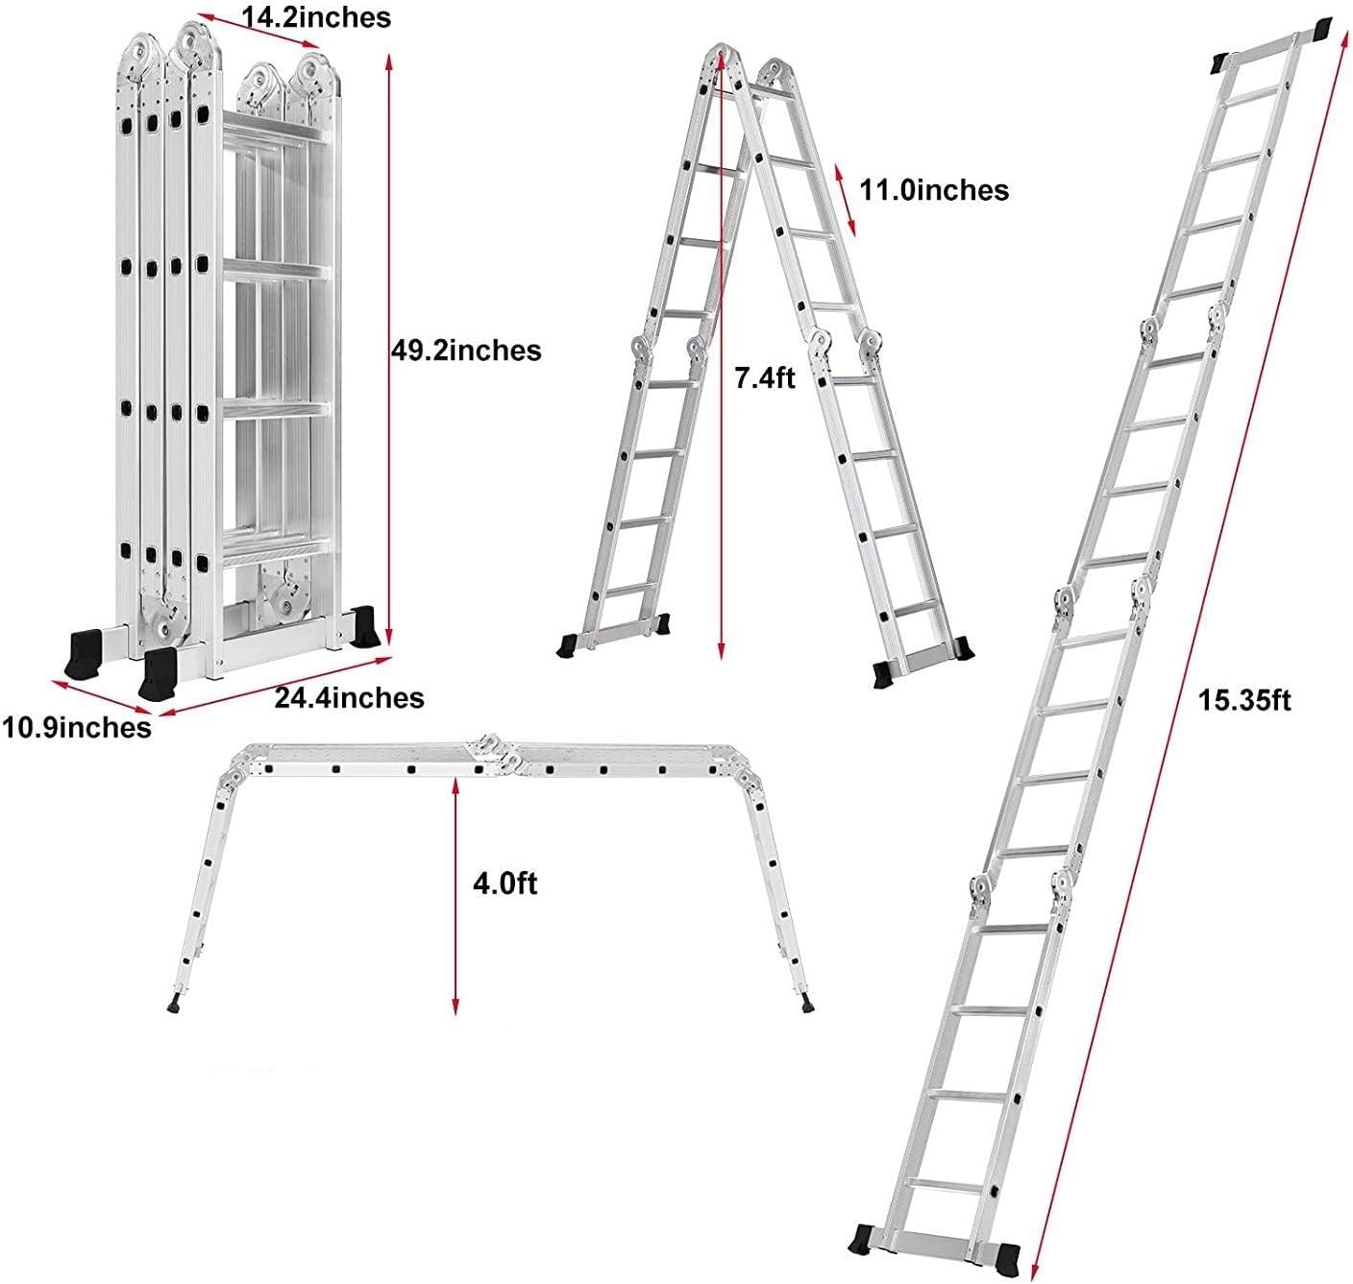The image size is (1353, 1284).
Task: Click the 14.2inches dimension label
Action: [316, 18]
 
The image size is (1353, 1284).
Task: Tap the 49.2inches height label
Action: [466, 351]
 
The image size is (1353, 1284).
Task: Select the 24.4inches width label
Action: [349, 698]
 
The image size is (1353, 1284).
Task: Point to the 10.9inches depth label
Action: [76, 728]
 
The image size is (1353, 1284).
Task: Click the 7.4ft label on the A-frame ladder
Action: [765, 377]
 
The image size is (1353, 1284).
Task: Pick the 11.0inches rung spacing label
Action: [934, 190]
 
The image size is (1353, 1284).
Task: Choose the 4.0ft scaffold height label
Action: [504, 884]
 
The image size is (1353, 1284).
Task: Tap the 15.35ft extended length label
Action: [1244, 700]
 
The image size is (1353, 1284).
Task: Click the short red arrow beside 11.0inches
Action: [845, 200]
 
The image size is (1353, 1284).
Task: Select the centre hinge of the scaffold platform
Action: [493, 755]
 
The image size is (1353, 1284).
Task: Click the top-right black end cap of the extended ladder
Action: [1322, 32]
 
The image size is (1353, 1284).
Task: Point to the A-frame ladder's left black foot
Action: [568, 644]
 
